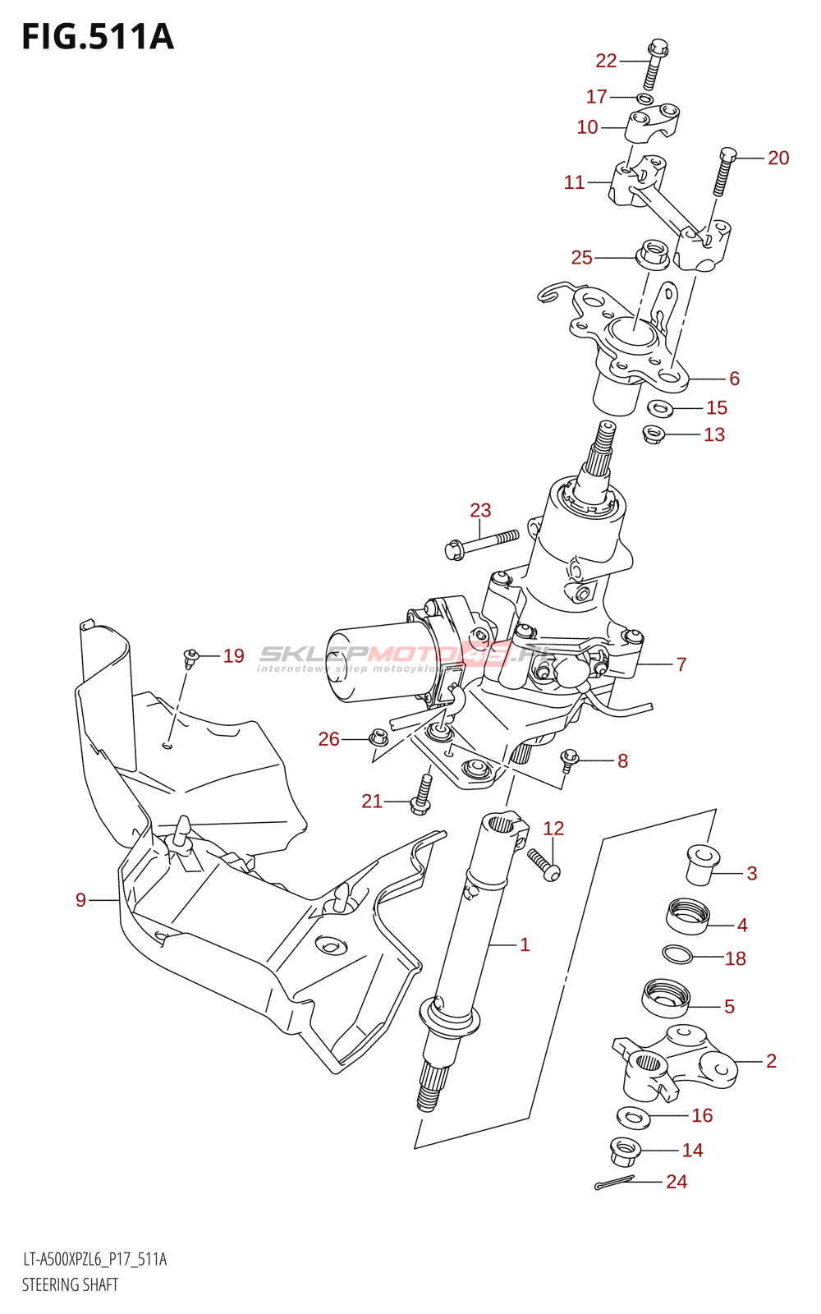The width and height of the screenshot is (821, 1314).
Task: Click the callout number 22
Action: (606, 61)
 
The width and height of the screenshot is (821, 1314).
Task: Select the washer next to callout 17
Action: (644, 99)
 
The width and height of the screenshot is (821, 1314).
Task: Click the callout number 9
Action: (80, 900)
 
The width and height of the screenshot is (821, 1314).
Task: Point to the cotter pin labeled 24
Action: (613, 1183)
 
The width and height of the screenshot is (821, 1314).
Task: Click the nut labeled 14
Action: (625, 1151)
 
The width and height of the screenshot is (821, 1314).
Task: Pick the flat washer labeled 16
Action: (633, 1116)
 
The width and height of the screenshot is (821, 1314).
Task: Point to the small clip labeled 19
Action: (190, 656)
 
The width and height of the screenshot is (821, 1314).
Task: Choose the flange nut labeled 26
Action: (378, 737)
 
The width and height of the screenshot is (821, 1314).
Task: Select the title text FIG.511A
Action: (98, 37)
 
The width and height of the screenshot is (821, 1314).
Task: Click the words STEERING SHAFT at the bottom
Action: (70, 1284)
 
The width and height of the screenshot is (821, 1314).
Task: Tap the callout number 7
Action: (681, 664)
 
